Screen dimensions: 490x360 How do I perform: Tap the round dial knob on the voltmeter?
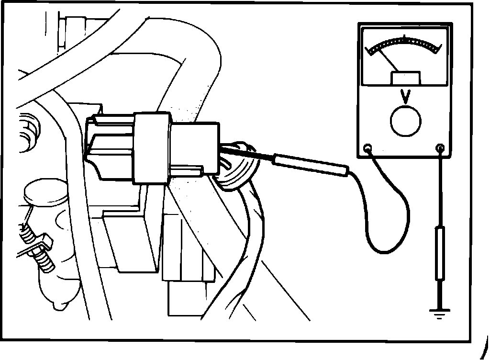pos(406,121)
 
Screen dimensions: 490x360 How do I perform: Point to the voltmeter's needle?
pos(389,59)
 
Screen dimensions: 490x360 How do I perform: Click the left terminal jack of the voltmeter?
pos(367,148)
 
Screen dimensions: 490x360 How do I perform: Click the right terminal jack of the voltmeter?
pos(440,148)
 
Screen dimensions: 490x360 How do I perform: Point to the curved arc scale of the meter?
pos(404,45)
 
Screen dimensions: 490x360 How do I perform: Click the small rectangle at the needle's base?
pos(406,78)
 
